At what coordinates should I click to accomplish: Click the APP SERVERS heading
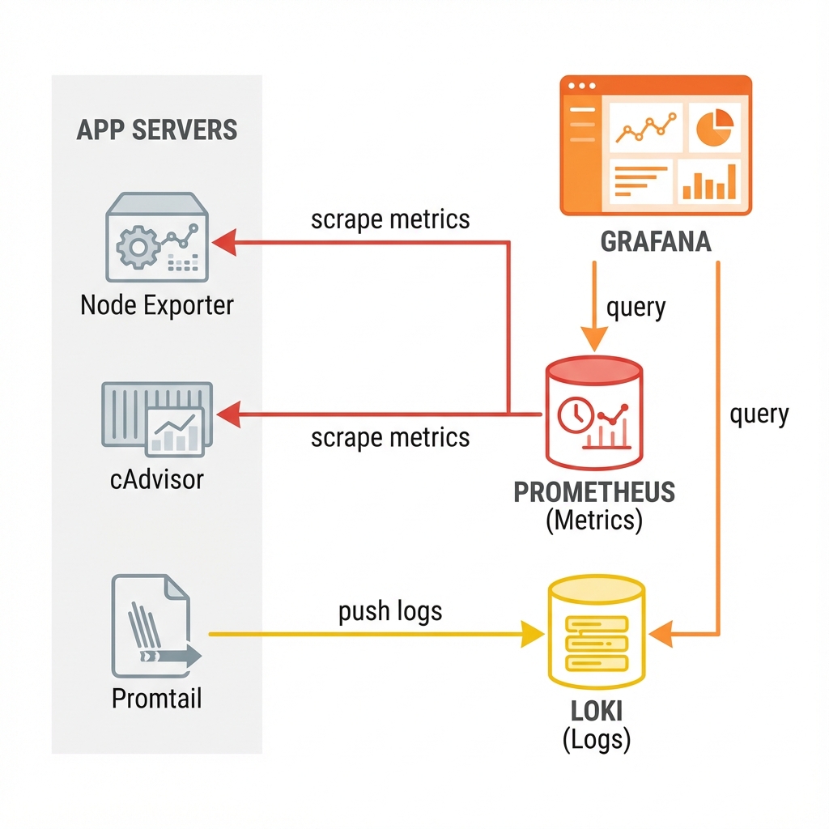click(157, 130)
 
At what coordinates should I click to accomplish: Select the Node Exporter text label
click(157, 305)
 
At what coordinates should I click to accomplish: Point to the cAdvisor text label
click(156, 479)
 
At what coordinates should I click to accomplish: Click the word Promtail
click(156, 697)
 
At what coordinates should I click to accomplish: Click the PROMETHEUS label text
click(595, 492)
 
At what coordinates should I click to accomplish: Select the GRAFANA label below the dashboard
click(657, 241)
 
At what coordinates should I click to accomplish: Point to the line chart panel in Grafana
click(646, 127)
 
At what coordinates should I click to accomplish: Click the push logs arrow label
click(390, 610)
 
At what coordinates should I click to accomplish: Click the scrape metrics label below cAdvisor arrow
click(390, 438)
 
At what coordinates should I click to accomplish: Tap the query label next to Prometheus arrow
click(636, 308)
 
